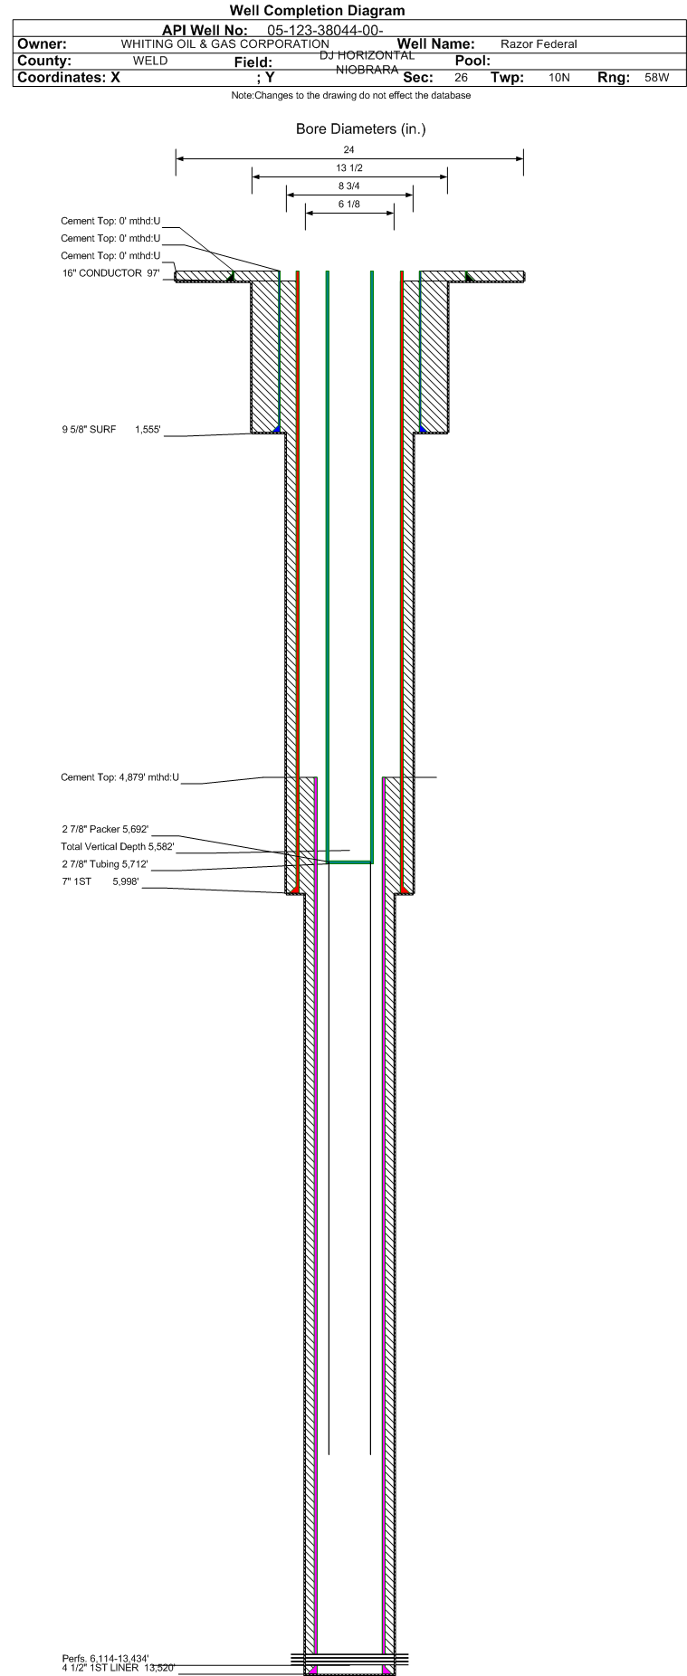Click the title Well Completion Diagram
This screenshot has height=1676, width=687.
coord(318,11)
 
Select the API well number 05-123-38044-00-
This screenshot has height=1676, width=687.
coord(325,31)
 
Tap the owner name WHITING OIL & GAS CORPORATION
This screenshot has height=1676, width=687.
coord(225,44)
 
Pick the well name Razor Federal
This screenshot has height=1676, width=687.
coord(539,44)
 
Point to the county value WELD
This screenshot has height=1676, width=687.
coord(150,61)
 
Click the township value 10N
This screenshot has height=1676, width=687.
coord(559,78)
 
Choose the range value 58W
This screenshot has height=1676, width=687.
coord(657,78)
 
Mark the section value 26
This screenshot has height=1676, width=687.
coord(461,78)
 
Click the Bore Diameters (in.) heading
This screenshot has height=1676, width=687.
coord(360,129)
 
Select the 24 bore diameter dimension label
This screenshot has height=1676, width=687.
coord(349,149)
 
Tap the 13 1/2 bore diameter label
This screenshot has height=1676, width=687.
coord(349,168)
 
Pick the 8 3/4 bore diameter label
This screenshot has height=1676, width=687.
coord(349,186)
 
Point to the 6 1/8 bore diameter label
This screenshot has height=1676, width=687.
coord(349,205)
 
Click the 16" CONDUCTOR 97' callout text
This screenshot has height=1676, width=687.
coord(111,273)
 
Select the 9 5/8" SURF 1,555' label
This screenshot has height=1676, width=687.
coord(111,430)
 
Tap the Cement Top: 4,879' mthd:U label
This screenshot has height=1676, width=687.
coord(120,777)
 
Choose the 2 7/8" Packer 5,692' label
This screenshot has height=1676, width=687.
coord(105,829)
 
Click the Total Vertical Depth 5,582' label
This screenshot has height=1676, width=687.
coord(118,847)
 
